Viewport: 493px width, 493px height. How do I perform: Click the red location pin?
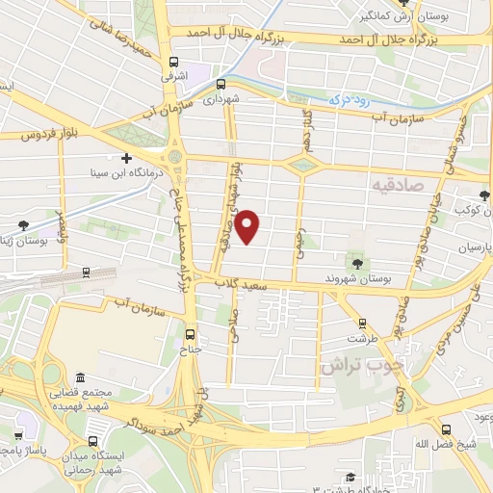[248, 226]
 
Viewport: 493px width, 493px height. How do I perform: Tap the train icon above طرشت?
[362, 324]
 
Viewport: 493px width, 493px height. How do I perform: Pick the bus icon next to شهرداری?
[222, 83]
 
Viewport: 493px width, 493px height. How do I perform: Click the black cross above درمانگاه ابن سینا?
[126, 157]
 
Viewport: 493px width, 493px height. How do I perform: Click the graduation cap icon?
[351, 477]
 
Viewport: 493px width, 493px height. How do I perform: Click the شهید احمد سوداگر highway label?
[155, 422]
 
